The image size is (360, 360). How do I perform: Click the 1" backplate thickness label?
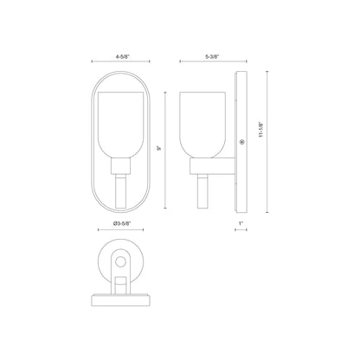click(x=241, y=224)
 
